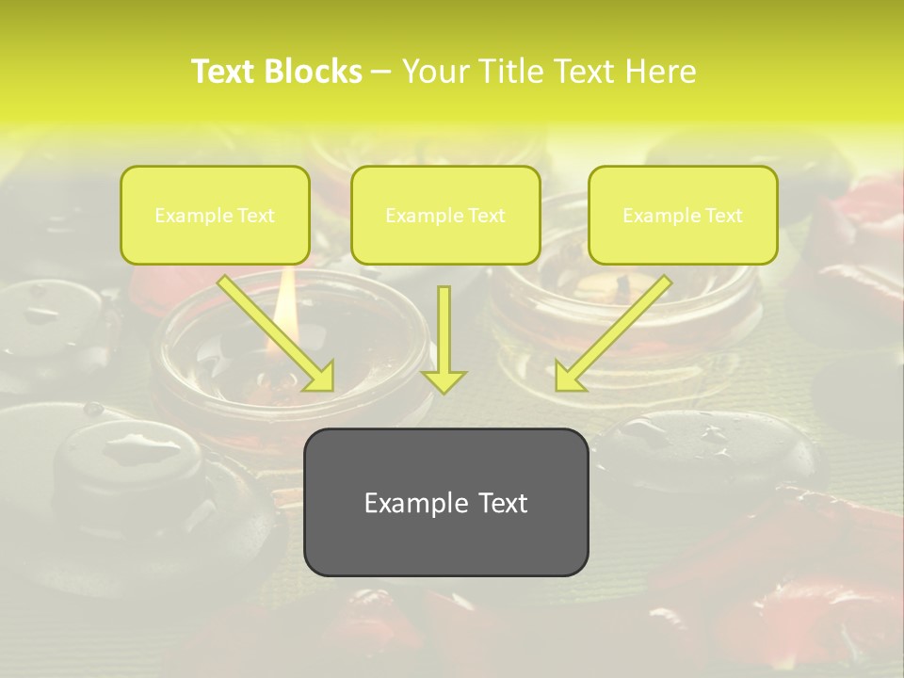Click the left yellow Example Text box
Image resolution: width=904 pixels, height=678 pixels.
(x=215, y=215)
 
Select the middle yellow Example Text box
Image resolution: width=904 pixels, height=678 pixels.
(x=445, y=215)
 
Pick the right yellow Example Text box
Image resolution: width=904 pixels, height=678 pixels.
(x=683, y=215)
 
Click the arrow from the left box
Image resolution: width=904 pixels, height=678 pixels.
(x=273, y=330)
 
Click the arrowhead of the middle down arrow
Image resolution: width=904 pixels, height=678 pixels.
(x=444, y=380)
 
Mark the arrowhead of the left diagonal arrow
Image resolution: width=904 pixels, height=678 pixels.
(x=319, y=376)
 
